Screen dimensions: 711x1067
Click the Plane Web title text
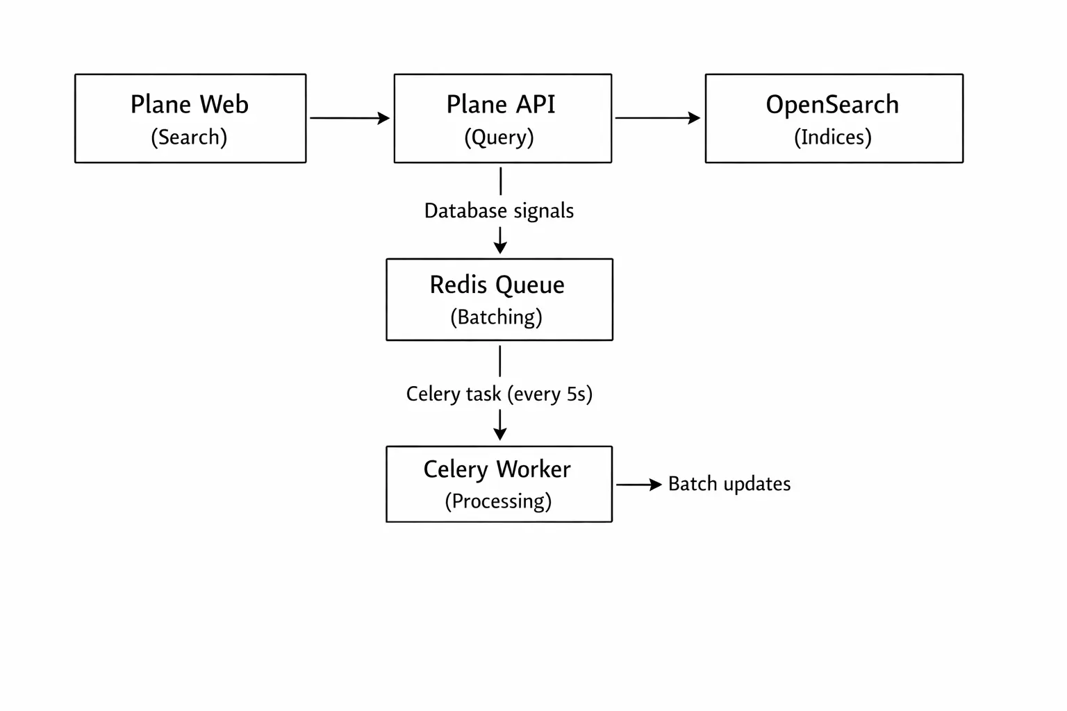point(189,105)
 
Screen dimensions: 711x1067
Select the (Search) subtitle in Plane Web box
point(189,137)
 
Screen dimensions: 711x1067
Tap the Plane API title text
point(500,105)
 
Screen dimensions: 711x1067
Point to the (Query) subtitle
point(499,137)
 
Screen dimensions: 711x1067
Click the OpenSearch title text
point(832,105)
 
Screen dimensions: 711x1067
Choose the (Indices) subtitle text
point(832,137)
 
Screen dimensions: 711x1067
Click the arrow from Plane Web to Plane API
point(349,118)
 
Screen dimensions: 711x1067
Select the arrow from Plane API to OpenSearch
point(657,118)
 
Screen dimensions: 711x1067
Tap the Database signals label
point(499,211)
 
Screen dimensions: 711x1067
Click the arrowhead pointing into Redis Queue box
point(500,246)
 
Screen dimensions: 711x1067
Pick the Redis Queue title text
point(497,285)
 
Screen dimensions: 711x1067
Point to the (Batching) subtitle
point(496,317)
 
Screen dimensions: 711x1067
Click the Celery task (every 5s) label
point(499,394)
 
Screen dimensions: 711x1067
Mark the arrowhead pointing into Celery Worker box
point(500,433)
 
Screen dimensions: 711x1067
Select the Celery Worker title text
point(497,469)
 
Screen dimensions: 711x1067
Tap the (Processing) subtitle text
point(498,501)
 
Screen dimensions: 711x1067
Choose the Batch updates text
point(729,484)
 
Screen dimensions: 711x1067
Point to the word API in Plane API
point(536,105)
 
